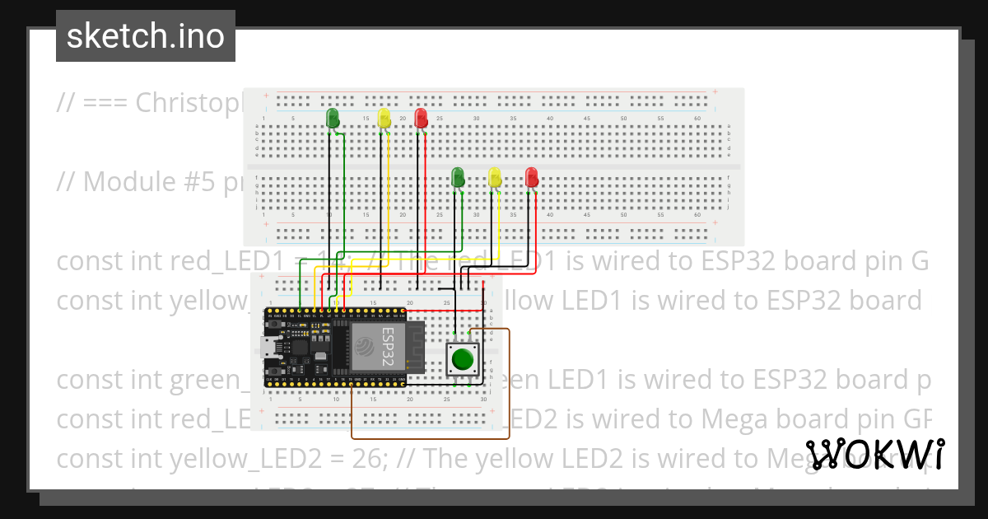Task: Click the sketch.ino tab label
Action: coord(146,36)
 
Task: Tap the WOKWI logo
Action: coord(875,454)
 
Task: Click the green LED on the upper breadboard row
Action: coord(333,119)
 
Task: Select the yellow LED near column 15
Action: coord(384,119)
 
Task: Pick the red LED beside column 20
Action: coord(421,118)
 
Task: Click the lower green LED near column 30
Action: coord(458,176)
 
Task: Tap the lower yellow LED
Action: coord(494,176)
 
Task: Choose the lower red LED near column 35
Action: coord(531,176)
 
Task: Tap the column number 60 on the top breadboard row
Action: coord(697,119)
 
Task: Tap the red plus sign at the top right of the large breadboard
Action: coord(715,92)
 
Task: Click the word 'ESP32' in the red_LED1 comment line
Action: coord(742,261)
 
